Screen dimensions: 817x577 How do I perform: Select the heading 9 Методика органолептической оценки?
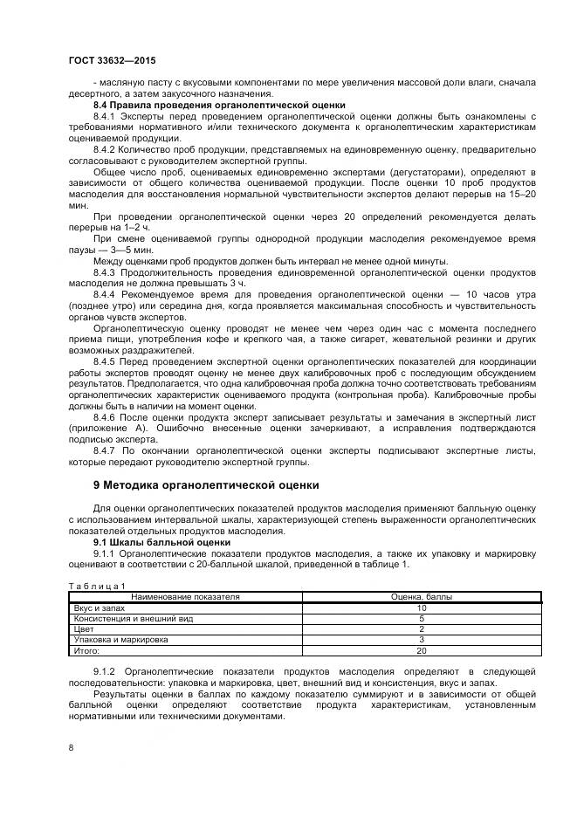pos(206,484)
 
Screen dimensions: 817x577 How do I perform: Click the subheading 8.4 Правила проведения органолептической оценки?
pos(219,105)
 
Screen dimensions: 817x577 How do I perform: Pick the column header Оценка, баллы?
pos(421,596)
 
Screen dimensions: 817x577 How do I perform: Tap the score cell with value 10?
pos(421,607)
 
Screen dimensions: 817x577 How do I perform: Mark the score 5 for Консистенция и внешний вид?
pos(421,618)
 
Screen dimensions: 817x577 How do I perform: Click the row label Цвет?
pos(84,628)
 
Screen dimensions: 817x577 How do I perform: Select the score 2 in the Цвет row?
pos(421,628)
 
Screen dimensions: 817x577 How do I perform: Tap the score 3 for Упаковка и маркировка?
pos(421,640)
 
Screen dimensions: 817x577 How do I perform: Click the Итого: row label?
pos(87,650)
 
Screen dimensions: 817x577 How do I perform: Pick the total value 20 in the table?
pos(421,650)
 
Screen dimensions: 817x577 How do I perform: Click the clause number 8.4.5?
pos(104,360)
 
